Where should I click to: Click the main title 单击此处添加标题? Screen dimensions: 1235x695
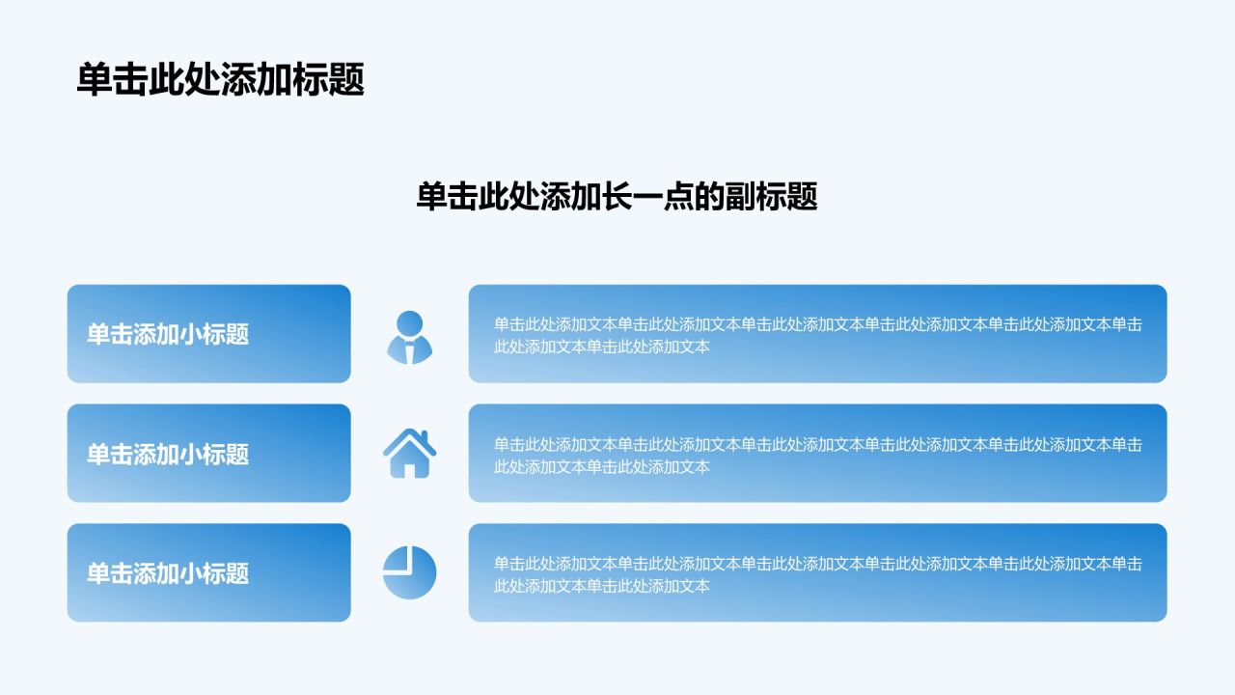(221, 79)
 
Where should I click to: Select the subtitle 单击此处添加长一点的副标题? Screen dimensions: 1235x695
(617, 196)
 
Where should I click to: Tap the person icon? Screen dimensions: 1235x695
(410, 338)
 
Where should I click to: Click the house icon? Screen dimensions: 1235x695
(410, 453)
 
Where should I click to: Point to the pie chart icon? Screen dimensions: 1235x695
(410, 572)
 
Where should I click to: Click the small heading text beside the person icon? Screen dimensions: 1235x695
(168, 334)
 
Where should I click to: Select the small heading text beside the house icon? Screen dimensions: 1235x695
(168, 454)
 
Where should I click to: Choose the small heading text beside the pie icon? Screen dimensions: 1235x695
(168, 573)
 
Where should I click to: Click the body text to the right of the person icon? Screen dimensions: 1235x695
(817, 335)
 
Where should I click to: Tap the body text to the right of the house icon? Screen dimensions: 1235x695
(817, 455)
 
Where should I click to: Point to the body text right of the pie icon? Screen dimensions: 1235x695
(817, 574)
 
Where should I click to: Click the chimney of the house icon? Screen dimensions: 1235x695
(425, 436)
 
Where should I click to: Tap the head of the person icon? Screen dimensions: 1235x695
(410, 323)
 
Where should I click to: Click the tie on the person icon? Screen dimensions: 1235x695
(410, 352)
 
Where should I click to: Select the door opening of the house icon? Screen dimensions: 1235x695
(410, 470)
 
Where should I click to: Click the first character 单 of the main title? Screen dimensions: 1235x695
(95, 79)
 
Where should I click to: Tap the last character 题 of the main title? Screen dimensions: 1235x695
(346, 79)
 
